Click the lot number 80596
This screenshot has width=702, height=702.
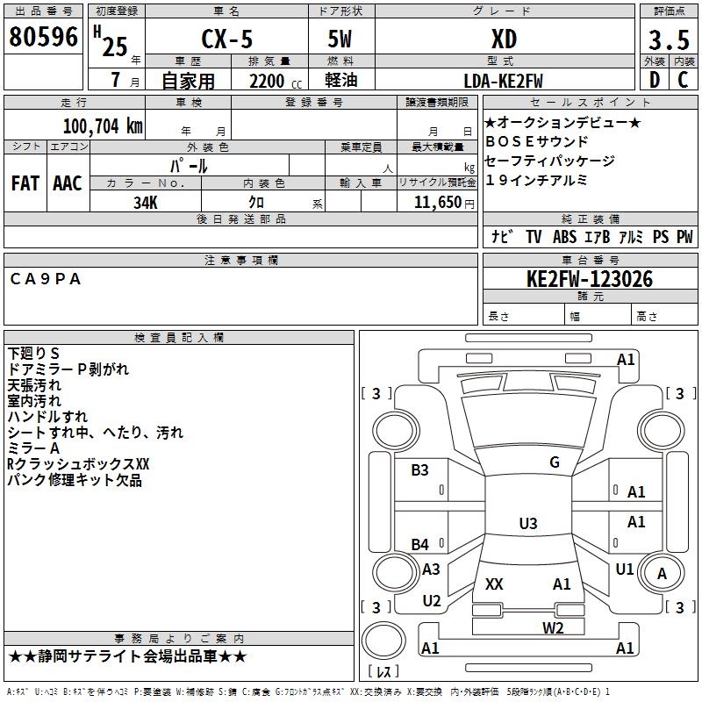pos(43,37)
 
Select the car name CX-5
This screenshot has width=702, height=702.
pos(227,39)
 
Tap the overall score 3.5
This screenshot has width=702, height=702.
pos(669,39)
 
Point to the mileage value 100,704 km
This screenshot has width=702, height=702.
pos(103,126)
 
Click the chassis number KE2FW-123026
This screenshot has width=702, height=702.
pos(590,279)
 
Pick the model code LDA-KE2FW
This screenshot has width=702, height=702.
pos(503,81)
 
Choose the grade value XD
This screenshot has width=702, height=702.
pos(504,39)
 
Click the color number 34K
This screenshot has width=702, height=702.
pos(146,203)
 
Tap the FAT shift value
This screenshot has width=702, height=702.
pos(25,183)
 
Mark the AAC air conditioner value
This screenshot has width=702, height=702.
pos(68,183)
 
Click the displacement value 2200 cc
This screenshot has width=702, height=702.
pos(276,82)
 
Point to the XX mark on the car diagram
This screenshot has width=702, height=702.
pos(494,584)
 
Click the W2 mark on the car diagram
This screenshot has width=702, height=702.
pos(553,628)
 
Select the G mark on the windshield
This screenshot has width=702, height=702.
pos(555,462)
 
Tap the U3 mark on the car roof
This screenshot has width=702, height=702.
pos(528,523)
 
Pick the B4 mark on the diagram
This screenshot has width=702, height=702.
pos(420,544)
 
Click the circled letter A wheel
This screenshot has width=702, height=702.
pos(662,574)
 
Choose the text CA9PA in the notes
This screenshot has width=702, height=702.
pos(46,279)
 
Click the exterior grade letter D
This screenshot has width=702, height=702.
pos(655,80)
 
